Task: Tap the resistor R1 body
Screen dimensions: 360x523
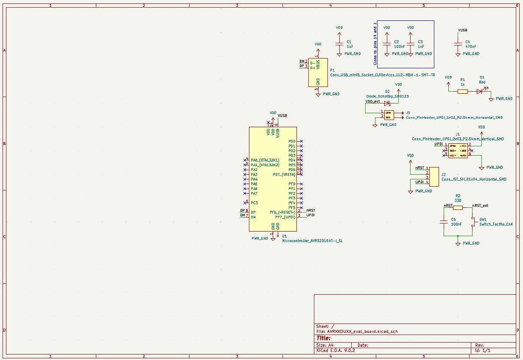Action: pyautogui.click(x=463, y=91)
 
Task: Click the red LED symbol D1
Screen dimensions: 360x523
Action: pyautogui.click(x=479, y=91)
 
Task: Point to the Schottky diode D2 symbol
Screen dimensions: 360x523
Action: pyautogui.click(x=387, y=103)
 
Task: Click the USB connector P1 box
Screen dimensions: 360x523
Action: pyautogui.click(x=318, y=73)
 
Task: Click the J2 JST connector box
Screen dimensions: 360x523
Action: pyautogui.click(x=434, y=176)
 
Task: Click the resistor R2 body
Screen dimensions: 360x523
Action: pyautogui.click(x=458, y=208)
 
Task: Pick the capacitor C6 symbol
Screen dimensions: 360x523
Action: pyautogui.click(x=444, y=222)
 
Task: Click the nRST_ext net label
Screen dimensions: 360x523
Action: pyautogui.click(x=481, y=206)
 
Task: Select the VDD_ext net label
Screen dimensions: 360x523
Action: pyautogui.click(x=372, y=101)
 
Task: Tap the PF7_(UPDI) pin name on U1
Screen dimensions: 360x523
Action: pyautogui.click(x=285, y=217)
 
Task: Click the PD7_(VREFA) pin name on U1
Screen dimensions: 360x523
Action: pyautogui.click(x=284, y=174)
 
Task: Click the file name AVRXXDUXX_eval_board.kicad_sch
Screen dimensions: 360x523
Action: pyautogui.click(x=363, y=332)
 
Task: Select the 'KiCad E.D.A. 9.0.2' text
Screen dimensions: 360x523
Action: pyautogui.click(x=336, y=351)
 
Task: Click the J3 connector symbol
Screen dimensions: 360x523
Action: pyautogui.click(x=389, y=114)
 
